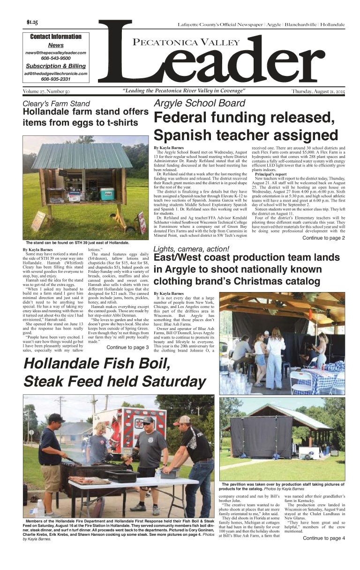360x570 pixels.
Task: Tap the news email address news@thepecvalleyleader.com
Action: point(56,53)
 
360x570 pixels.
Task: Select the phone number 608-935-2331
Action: point(55,79)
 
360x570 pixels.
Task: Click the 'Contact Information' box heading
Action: point(55,37)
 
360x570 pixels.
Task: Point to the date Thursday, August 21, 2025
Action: point(318,91)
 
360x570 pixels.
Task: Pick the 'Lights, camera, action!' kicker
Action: point(191,248)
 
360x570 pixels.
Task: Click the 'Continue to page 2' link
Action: point(323,238)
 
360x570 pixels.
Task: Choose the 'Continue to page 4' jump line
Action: point(323,538)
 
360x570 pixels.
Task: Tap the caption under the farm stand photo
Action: point(77,243)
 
